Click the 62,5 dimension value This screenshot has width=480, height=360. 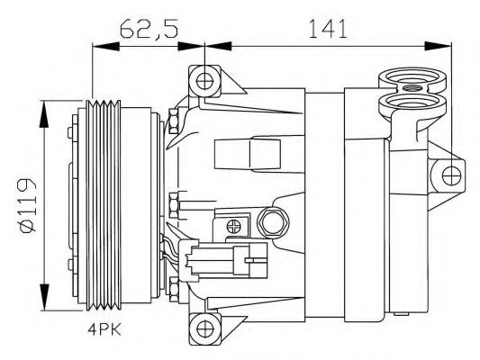coord(149,29)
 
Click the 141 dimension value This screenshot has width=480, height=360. coord(328,29)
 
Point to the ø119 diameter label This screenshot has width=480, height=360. coord(27,205)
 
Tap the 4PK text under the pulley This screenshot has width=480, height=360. coord(104,329)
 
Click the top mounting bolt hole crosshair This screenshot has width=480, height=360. coord(204,81)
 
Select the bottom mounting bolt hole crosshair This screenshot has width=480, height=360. coord(204,328)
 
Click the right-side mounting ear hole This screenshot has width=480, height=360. coord(451,175)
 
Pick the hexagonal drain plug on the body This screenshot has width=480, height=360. coord(273,222)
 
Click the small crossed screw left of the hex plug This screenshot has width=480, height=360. coord(234,226)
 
